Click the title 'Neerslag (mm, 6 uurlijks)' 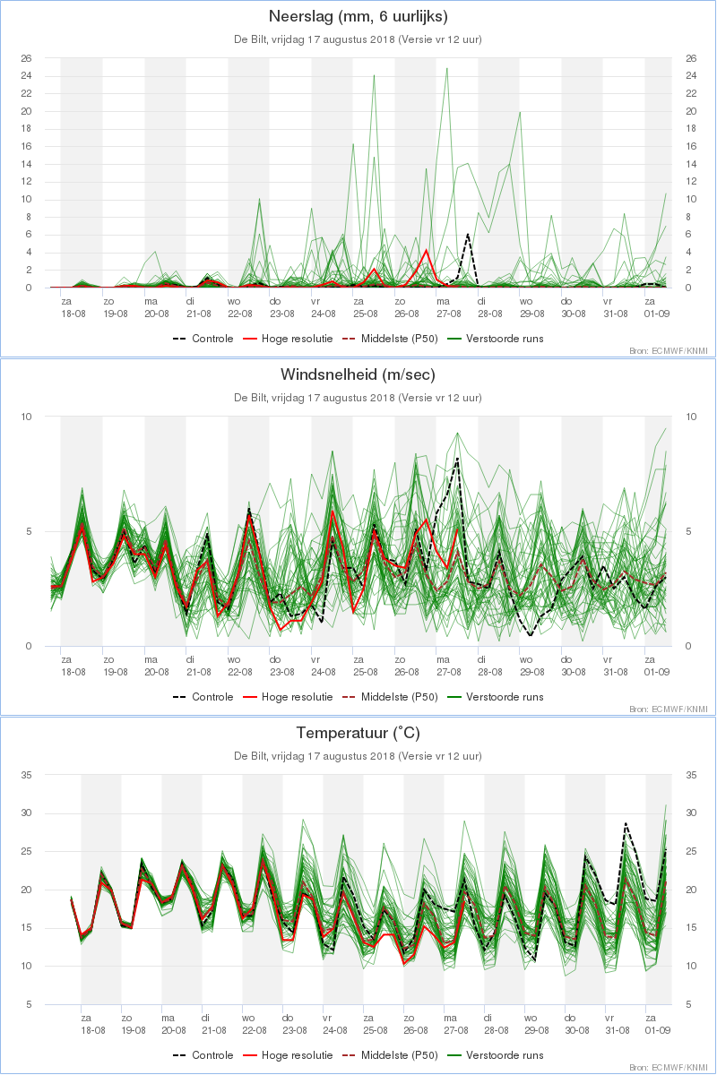(x=358, y=16)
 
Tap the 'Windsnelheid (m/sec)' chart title (x=358, y=374)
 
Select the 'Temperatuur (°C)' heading (x=358, y=733)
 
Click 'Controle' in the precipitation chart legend (x=212, y=339)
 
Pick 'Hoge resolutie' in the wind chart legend (x=297, y=697)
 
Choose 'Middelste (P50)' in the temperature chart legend (x=399, y=1055)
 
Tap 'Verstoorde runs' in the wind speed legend (x=505, y=697)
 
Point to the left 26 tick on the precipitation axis (x=26, y=58)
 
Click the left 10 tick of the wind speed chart (x=26, y=417)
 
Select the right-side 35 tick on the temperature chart (x=691, y=775)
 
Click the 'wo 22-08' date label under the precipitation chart (x=239, y=307)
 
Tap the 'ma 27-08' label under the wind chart (x=448, y=666)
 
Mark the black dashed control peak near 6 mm (x=468, y=234)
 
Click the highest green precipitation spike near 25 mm (x=446, y=68)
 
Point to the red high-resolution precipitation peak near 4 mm (x=426, y=250)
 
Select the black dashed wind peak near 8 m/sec (x=457, y=459)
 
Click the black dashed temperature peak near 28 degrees (x=626, y=823)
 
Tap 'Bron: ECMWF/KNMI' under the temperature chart (x=669, y=1068)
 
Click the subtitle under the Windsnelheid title (x=358, y=398)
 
